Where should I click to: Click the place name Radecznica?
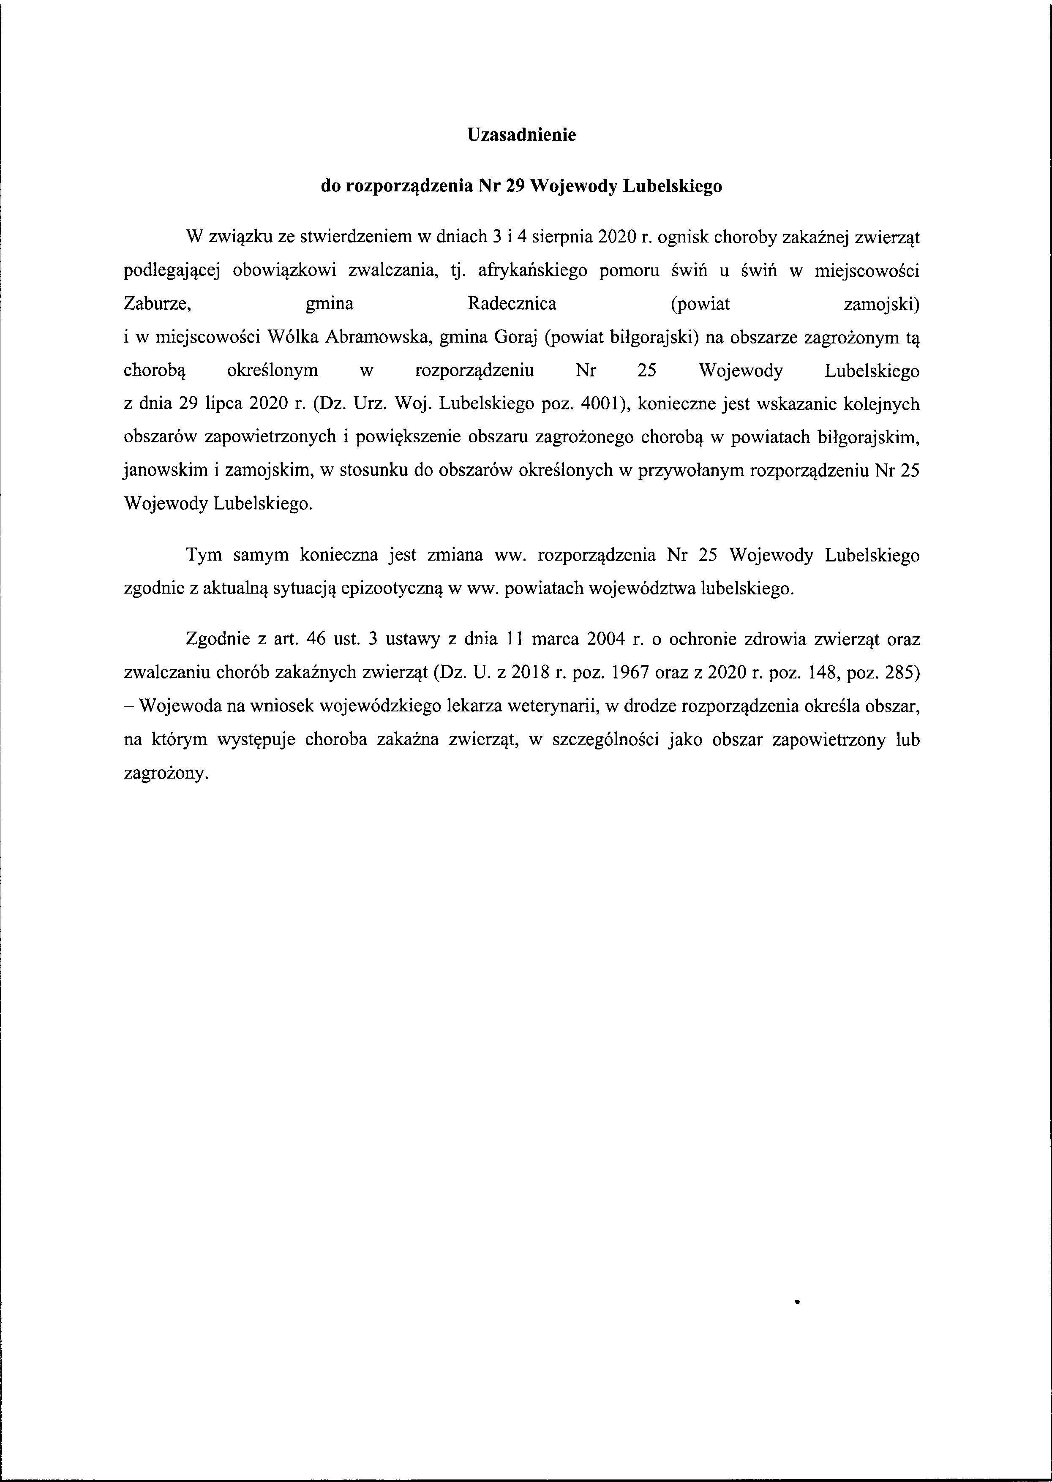512,304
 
